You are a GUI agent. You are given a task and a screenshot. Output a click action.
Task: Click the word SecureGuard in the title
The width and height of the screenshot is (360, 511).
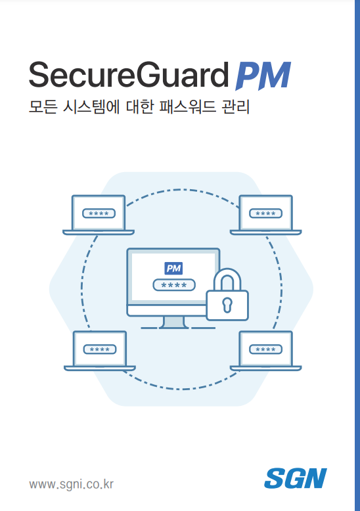pos(129,75)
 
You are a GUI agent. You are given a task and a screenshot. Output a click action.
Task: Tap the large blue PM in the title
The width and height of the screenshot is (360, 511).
pos(263,76)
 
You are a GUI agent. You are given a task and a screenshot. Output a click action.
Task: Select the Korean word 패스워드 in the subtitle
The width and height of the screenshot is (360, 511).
pos(187,106)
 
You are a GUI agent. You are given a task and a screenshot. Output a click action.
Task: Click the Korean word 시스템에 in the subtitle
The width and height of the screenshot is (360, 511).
pos(91,106)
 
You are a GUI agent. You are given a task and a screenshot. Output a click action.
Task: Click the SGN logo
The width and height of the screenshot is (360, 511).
pos(296,478)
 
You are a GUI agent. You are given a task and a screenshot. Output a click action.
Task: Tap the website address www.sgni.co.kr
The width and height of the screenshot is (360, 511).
pos(71,484)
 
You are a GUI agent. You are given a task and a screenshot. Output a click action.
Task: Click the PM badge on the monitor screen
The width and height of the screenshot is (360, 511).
pos(173,268)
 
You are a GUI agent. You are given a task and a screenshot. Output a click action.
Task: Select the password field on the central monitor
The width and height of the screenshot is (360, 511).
pos(174,285)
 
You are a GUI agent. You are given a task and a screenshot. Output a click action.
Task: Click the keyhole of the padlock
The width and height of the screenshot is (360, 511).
pos(227,305)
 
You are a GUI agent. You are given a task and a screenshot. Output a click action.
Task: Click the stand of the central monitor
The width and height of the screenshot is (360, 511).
pos(174,322)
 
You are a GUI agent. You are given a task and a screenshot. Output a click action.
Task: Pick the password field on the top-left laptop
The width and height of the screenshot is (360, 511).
pos(99,213)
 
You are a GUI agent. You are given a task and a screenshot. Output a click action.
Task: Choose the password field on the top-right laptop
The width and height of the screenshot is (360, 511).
pos(266,213)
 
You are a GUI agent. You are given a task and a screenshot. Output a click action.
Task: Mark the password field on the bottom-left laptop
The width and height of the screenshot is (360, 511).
pos(100,349)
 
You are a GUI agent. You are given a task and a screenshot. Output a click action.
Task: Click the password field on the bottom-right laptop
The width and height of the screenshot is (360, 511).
pos(266,349)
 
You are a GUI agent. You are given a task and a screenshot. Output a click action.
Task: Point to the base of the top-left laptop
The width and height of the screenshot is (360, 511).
pos(99,233)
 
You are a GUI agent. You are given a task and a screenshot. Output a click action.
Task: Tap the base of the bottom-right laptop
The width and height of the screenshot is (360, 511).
pos(266,368)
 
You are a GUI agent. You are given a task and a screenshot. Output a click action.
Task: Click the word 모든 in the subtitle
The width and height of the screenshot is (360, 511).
pos(43,106)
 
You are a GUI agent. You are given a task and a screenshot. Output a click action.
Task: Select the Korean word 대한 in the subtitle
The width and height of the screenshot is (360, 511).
pos(139,106)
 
